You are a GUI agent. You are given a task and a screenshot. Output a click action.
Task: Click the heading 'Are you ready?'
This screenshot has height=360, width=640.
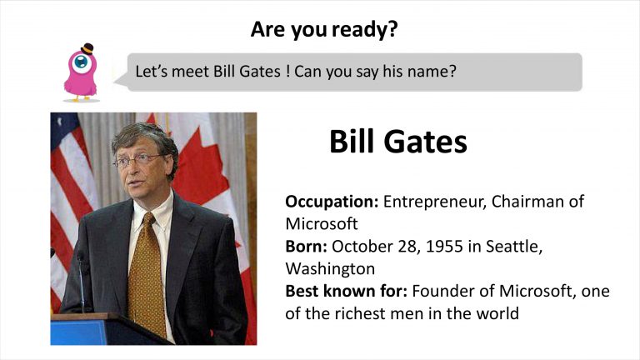324,29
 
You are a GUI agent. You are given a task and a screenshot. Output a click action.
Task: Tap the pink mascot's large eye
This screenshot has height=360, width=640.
82,62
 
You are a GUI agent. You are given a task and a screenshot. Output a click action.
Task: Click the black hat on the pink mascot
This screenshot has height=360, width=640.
87,48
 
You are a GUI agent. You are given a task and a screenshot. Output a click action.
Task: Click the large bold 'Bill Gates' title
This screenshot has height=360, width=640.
398,142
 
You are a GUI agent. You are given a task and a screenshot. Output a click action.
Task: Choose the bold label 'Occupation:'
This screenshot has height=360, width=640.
332,202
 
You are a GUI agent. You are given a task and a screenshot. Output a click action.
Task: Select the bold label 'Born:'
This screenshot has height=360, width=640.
306,246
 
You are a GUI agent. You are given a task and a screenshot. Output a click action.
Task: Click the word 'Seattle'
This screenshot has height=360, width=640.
514,247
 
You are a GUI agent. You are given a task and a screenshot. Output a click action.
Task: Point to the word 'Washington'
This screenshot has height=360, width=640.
330,269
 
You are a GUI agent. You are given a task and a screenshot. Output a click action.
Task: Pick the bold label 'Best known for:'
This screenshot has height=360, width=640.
346,291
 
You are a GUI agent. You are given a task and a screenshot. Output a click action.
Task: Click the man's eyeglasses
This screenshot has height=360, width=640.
138,160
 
